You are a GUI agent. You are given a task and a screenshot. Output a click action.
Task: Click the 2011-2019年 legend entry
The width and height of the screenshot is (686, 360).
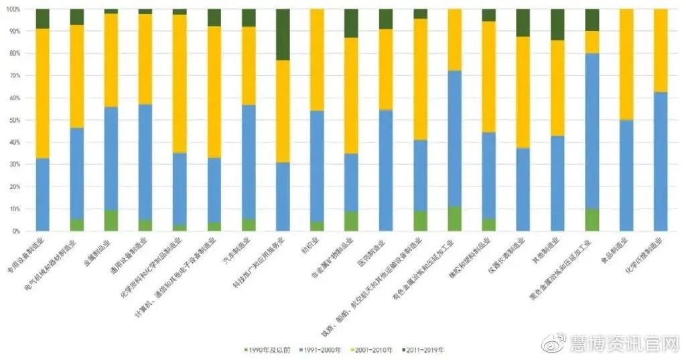423,350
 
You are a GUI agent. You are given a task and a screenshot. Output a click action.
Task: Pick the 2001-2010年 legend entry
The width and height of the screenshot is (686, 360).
372,350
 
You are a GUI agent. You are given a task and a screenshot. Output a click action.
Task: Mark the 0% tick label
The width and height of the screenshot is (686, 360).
15,231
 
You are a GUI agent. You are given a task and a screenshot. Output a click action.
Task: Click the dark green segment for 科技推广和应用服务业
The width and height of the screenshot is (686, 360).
283,34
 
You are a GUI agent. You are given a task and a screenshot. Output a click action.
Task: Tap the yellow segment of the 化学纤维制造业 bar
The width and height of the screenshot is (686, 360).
661,50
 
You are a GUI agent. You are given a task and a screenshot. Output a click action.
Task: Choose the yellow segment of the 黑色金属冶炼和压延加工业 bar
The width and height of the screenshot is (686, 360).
592,42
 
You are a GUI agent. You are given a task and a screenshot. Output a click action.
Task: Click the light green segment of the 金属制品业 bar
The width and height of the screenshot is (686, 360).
111,221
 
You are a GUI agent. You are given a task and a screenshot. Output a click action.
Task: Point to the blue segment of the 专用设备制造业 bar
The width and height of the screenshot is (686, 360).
43,194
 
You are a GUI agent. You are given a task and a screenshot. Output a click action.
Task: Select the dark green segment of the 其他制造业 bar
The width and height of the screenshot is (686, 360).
557,24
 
